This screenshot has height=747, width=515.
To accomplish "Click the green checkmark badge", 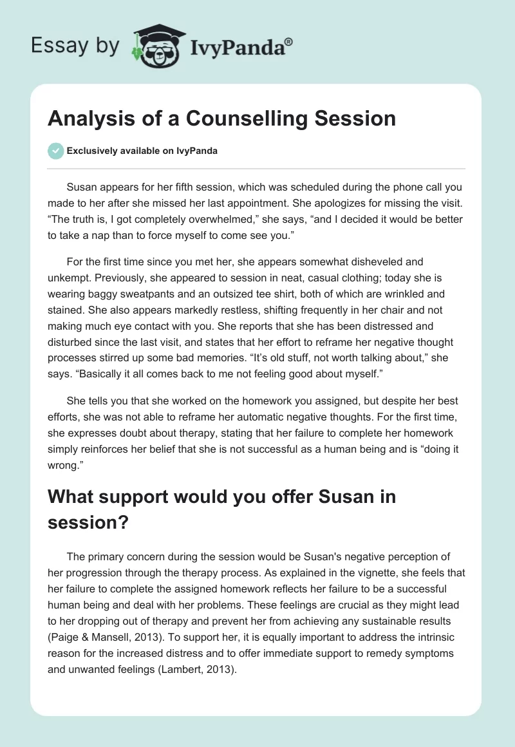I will point(55,151).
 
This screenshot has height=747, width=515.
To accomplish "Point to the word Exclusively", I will point(92,151).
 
